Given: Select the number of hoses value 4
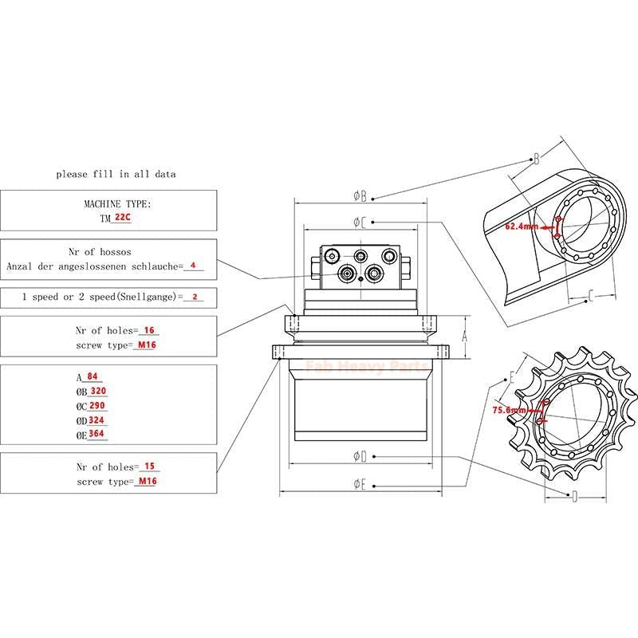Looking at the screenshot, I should pyautogui.click(x=192, y=266).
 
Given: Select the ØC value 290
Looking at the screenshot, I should pyautogui.click(x=98, y=405).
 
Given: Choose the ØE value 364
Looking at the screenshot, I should pyautogui.click(x=97, y=434).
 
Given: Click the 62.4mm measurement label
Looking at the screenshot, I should pyautogui.click(x=521, y=226).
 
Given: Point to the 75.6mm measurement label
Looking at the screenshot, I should pyautogui.click(x=510, y=410).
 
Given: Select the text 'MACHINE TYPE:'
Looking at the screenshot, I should pyautogui.click(x=117, y=204).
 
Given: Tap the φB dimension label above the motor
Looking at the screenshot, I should pyautogui.click(x=360, y=195).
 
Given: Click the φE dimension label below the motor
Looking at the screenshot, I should pyautogui.click(x=360, y=484).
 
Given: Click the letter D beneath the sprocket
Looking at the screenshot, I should pyautogui.click(x=573, y=496).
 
